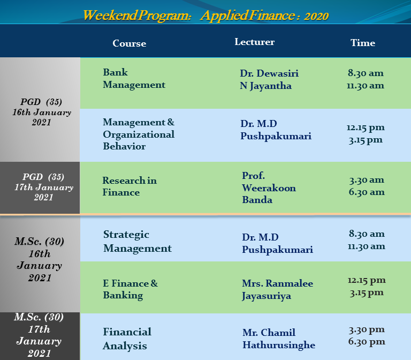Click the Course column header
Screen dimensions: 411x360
pyautogui.click(x=129, y=43)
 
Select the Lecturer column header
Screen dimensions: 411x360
pyautogui.click(x=255, y=42)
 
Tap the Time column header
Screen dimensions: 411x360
pyautogui.click(x=363, y=43)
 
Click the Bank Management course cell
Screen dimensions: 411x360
pyautogui.click(x=134, y=78)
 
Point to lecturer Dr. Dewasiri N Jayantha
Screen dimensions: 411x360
pyautogui.click(x=269, y=79)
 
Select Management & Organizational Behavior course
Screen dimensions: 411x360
pyautogui.click(x=139, y=134)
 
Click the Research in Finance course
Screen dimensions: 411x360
pyautogui.click(x=130, y=186)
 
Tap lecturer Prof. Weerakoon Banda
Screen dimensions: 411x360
pyautogui.click(x=269, y=187)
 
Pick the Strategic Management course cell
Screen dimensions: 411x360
pyautogui.click(x=138, y=242)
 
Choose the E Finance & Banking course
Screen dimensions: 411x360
pyautogui.click(x=130, y=289)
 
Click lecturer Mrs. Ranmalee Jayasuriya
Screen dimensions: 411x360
pyautogui.click(x=277, y=290)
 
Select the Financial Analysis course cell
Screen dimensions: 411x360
pyautogui.click(x=127, y=339)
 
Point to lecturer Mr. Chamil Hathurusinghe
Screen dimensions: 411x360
pyautogui.click(x=279, y=339)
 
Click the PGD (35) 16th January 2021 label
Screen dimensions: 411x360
pyautogui.click(x=42, y=112)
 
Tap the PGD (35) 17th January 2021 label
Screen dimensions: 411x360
pyautogui.click(x=44, y=187)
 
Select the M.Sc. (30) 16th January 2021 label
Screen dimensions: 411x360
pyautogui.click(x=40, y=259)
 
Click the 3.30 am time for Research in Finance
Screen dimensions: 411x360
pyautogui.click(x=367, y=180)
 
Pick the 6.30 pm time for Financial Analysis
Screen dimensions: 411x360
pyautogui.click(x=367, y=342)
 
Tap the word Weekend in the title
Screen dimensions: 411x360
pyautogui.click(x=110, y=15)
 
